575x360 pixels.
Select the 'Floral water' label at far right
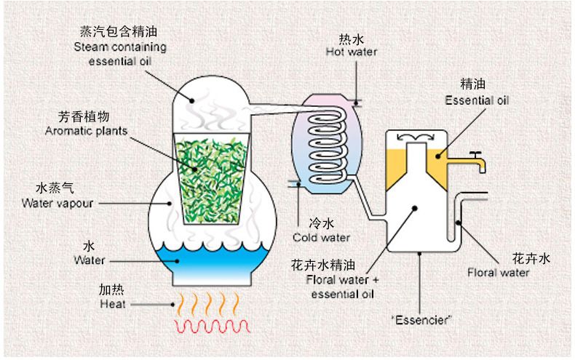pos(498,273)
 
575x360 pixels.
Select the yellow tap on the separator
pos(477,161)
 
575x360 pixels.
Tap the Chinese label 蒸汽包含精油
pos(119,33)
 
